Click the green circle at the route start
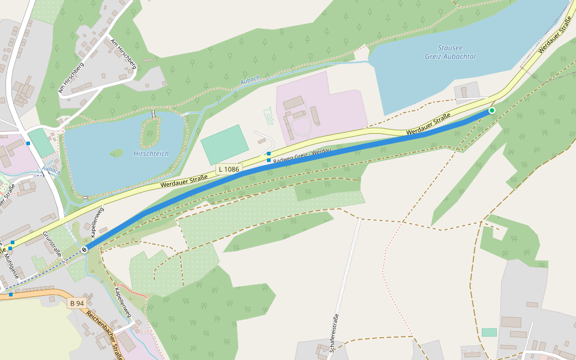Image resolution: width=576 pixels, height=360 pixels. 492,110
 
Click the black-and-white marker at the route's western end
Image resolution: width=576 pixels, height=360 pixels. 85,249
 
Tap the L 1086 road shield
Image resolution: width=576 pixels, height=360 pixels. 229,169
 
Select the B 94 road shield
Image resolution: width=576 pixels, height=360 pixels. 77,304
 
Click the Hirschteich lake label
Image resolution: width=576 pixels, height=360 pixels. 151,154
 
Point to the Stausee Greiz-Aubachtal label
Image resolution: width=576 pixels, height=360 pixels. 457,52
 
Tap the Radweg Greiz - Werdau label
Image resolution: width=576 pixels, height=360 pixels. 302,157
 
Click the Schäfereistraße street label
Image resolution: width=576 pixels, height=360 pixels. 334,332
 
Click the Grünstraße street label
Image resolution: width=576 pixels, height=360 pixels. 53,245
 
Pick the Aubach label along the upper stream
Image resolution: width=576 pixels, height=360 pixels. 250,80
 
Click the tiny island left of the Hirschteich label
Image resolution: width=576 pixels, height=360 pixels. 116,154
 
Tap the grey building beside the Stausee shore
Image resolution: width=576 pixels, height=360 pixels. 467,92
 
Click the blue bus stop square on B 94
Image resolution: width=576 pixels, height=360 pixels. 11,294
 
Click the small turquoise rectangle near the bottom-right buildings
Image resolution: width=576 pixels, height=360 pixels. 489,332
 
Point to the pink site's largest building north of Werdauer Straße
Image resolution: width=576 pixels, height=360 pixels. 294,103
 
